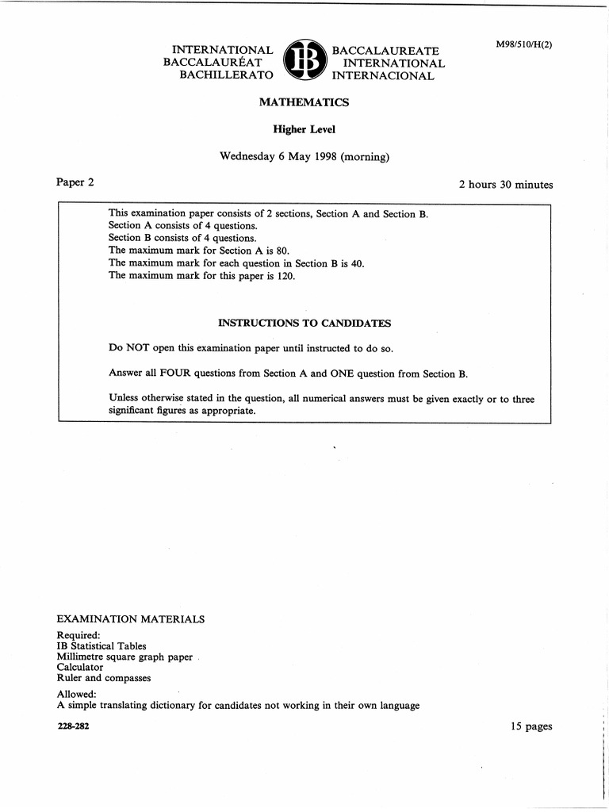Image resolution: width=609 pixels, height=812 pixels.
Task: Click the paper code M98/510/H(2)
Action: [523, 44]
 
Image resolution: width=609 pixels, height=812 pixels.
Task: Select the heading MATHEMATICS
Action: [304, 102]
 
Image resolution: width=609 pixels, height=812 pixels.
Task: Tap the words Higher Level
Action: [304, 129]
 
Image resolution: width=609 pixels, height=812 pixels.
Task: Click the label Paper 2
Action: [75, 182]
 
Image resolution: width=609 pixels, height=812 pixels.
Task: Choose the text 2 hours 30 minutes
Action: [505, 185]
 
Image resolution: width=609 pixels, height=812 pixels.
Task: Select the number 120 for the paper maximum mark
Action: [285, 276]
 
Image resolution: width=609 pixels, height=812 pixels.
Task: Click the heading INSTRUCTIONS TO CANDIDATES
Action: [304, 324]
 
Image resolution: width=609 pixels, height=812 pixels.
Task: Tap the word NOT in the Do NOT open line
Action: [140, 348]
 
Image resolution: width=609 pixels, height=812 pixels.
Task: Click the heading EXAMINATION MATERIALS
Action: [131, 619]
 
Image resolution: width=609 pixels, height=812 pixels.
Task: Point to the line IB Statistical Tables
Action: [101, 645]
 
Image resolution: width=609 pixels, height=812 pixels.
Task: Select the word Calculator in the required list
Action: [80, 668]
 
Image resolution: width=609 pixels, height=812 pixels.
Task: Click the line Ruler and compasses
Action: [104, 679]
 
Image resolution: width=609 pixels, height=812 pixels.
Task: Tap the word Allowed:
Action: [77, 694]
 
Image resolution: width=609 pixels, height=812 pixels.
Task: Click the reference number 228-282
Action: [73, 726]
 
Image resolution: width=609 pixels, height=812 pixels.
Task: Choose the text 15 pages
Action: [532, 726]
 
